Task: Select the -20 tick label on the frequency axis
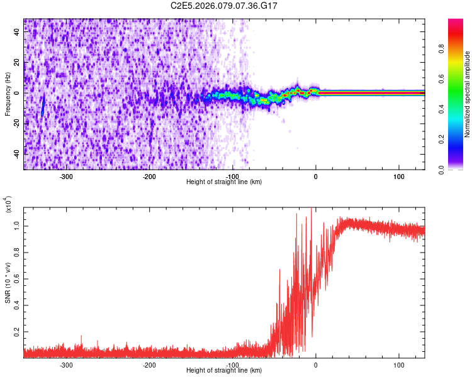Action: pyautogui.click(x=18, y=123)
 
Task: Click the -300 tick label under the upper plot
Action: pyautogui.click(x=66, y=176)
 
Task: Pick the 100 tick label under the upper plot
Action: pyautogui.click(x=399, y=176)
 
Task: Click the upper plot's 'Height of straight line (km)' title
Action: pyautogui.click(x=224, y=182)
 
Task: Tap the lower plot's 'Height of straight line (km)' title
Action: pyautogui.click(x=224, y=371)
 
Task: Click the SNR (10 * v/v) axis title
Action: pyautogui.click(x=8, y=283)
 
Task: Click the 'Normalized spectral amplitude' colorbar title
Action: pyautogui.click(x=468, y=94)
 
